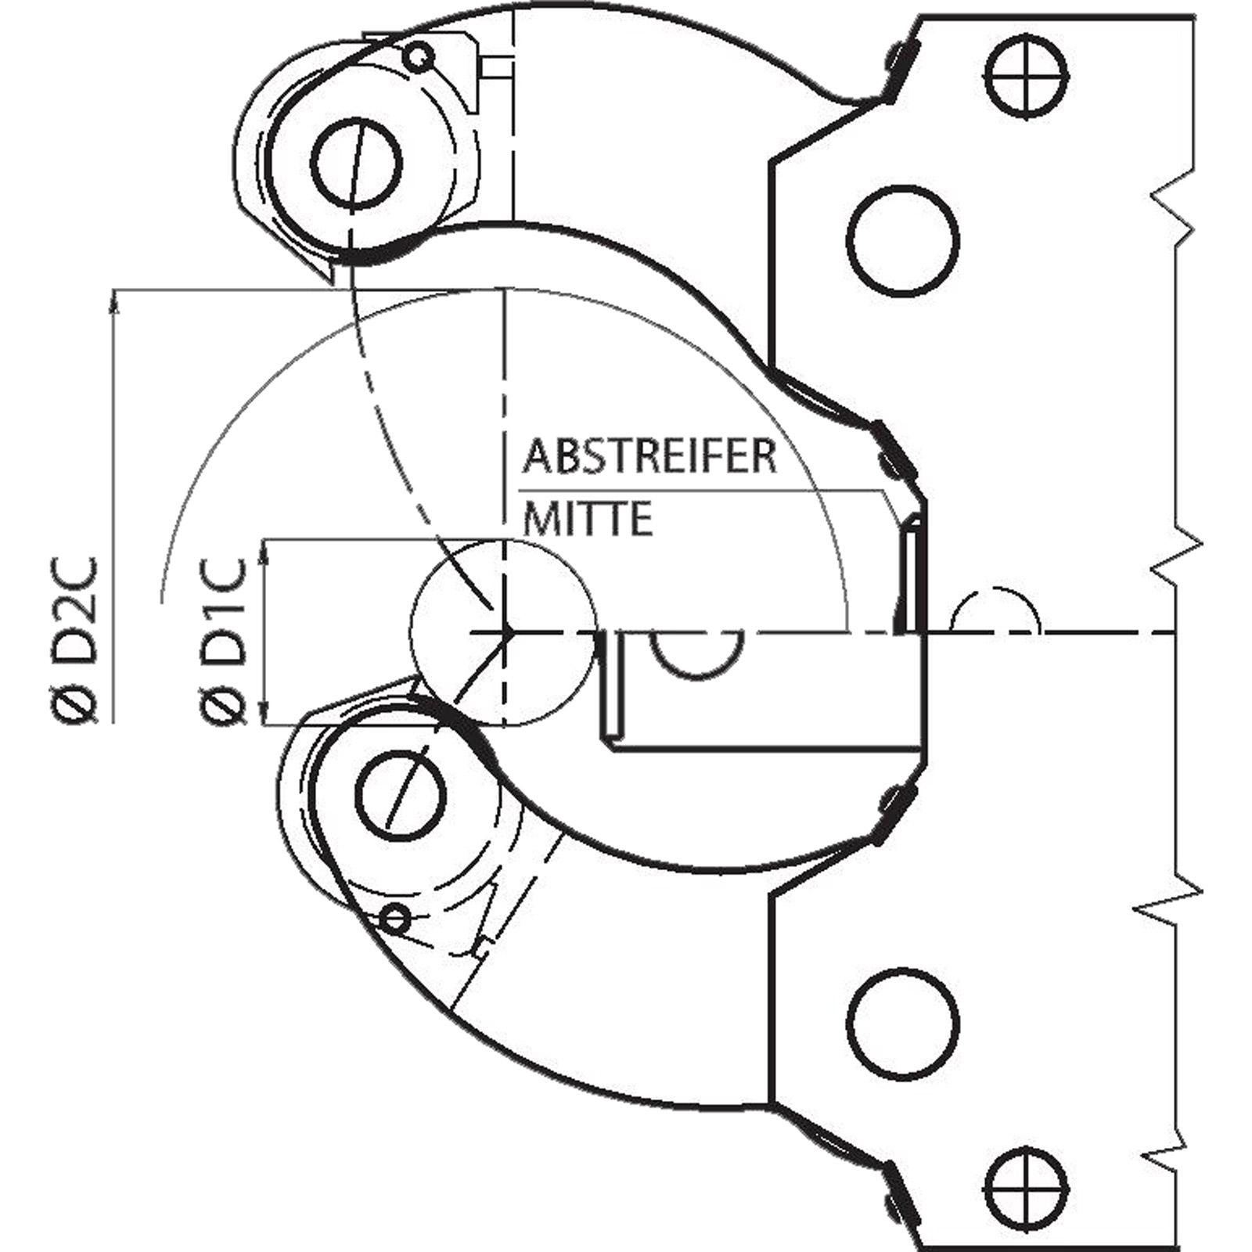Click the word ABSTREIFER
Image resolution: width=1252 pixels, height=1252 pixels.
pyautogui.click(x=649, y=456)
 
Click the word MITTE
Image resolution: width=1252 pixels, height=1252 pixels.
pyautogui.click(x=588, y=519)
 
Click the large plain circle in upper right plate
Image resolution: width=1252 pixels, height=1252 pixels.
pyautogui.click(x=904, y=240)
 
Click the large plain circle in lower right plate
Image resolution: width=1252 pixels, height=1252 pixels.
pyautogui.click(x=904, y=1024)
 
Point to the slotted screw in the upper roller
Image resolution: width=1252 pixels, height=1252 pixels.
pyautogui.click(x=356, y=164)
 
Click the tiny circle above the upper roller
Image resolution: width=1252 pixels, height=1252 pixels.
pyautogui.click(x=419, y=55)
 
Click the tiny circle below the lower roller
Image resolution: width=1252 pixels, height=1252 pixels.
pyautogui.click(x=397, y=917)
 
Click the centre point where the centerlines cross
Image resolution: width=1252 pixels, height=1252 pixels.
pyautogui.click(x=506, y=631)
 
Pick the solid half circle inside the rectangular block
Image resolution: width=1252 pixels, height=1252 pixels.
pyautogui.click(x=696, y=653)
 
